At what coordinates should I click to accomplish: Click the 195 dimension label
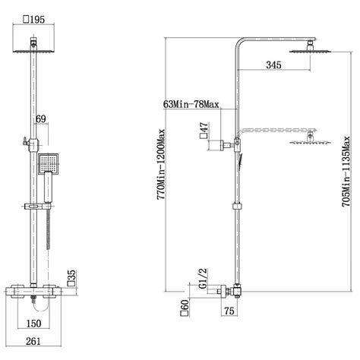34,20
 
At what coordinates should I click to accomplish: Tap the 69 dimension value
41,118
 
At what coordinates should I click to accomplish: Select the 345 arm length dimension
273,65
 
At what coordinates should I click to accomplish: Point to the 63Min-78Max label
191,104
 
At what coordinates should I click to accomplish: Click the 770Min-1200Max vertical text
161,165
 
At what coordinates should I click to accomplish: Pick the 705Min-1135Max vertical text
346,172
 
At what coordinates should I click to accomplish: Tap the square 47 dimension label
204,131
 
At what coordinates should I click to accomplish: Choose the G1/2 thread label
203,278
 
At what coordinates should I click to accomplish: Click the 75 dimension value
229,311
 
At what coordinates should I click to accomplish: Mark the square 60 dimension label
185,308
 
